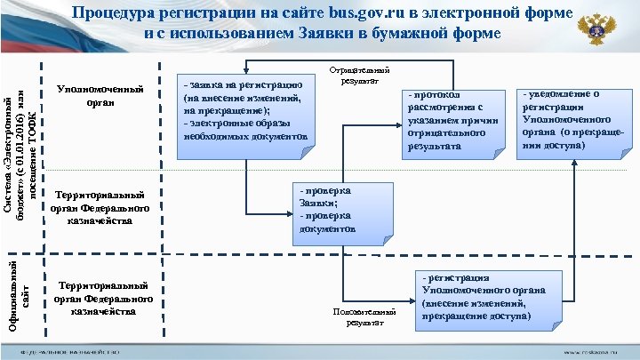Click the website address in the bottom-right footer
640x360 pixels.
(x=591, y=352)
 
